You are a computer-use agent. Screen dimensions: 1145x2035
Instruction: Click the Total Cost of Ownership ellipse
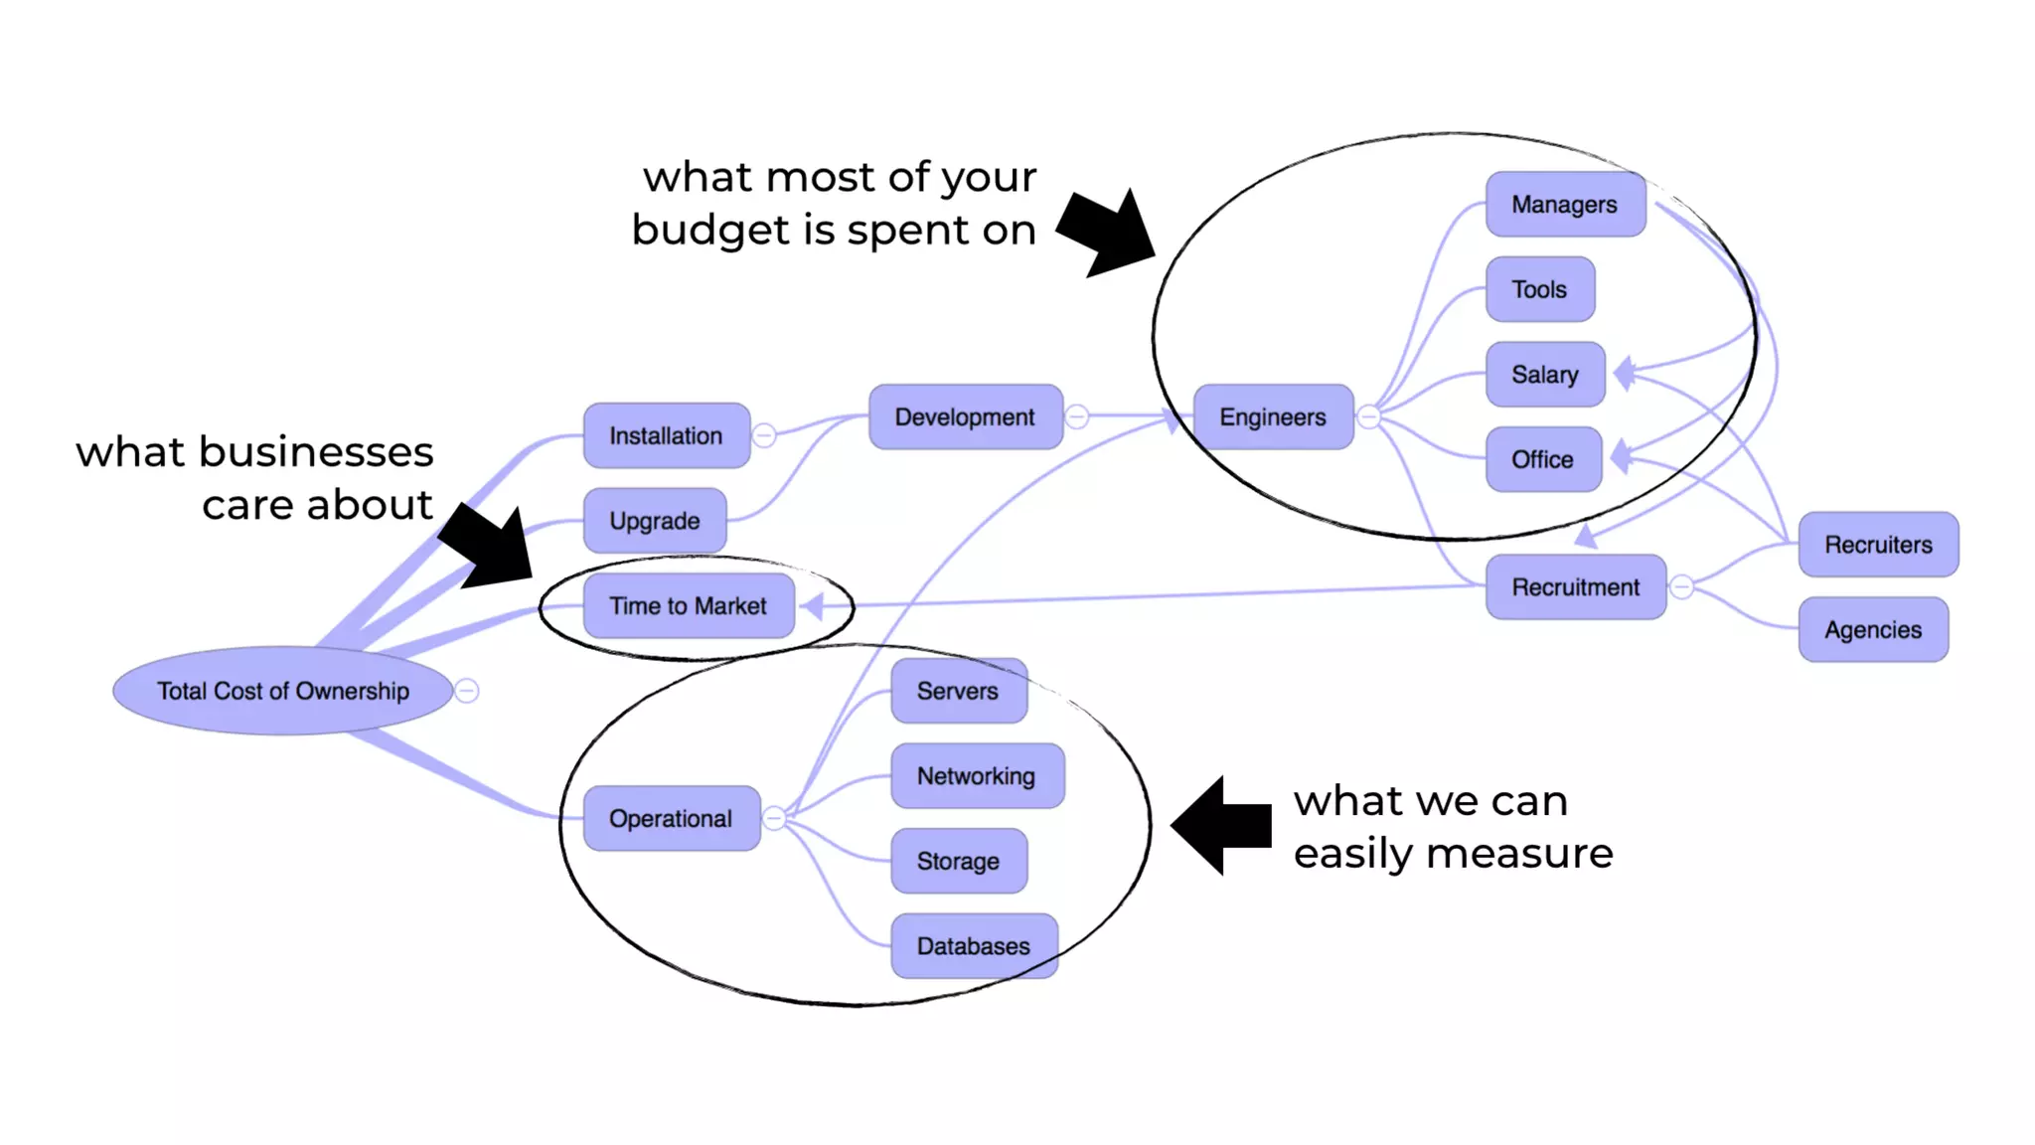click(x=283, y=691)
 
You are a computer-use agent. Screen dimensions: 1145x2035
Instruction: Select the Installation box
click(x=666, y=435)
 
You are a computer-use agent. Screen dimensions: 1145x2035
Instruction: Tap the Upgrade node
click(x=655, y=521)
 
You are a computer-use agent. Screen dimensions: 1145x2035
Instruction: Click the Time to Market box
click(x=689, y=605)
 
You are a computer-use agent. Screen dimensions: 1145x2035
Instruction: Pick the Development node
click(x=965, y=417)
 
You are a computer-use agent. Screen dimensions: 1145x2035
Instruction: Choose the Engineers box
click(x=1273, y=417)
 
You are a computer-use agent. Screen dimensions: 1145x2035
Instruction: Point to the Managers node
click(x=1565, y=205)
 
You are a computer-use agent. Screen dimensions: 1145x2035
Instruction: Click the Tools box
click(x=1540, y=289)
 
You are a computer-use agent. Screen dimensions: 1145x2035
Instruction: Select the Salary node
click(x=1545, y=375)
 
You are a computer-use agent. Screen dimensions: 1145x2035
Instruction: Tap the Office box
click(x=1543, y=459)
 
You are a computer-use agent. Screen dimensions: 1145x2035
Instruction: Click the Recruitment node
click(x=1576, y=587)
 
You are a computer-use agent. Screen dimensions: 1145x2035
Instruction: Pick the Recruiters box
click(x=1878, y=545)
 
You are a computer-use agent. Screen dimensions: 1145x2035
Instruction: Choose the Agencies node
click(x=1873, y=630)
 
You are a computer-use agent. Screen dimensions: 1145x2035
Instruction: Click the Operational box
click(x=671, y=819)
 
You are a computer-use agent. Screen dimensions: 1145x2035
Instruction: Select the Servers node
click(x=958, y=691)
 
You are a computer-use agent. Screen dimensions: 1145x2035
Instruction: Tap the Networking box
click(x=977, y=776)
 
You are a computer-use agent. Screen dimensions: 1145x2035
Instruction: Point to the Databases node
click(x=974, y=946)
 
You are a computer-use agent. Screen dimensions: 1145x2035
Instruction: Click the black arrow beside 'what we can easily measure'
click(x=1221, y=825)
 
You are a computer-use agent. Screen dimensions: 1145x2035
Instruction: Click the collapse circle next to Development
click(x=1077, y=416)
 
